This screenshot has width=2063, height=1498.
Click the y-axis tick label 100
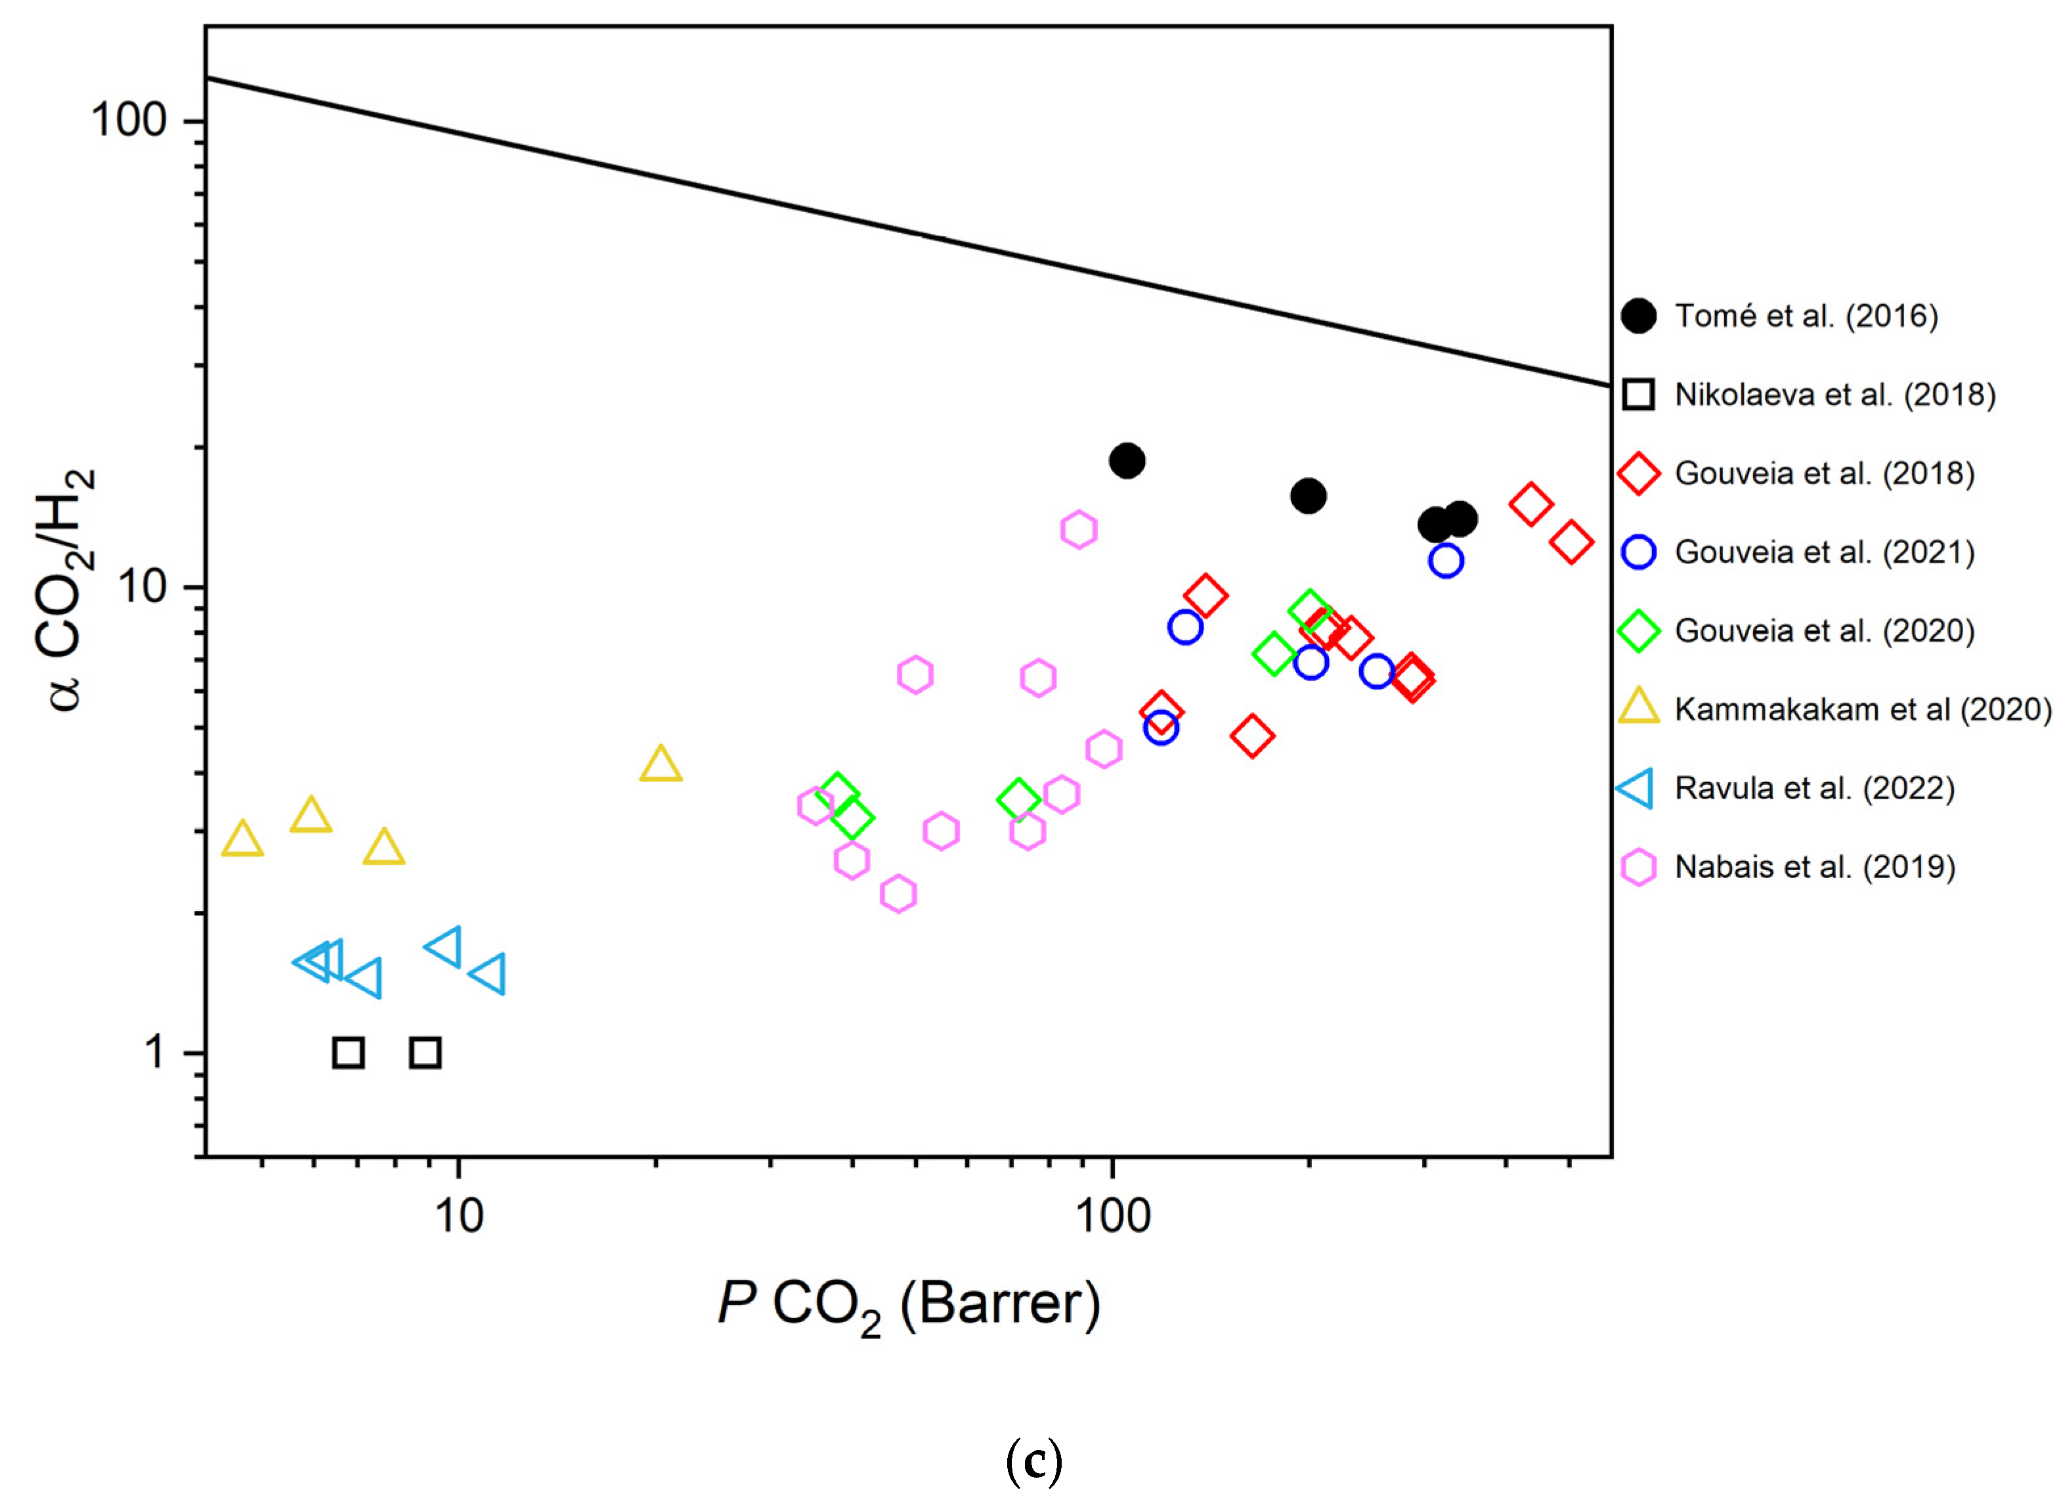tap(129, 121)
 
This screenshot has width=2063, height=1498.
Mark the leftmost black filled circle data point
tap(1127, 461)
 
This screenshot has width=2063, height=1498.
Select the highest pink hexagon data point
tap(1079, 529)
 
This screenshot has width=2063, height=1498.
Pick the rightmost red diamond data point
tap(1571, 543)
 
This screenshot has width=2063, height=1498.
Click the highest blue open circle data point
tap(1445, 560)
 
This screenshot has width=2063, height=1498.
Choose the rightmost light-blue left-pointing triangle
tap(489, 974)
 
